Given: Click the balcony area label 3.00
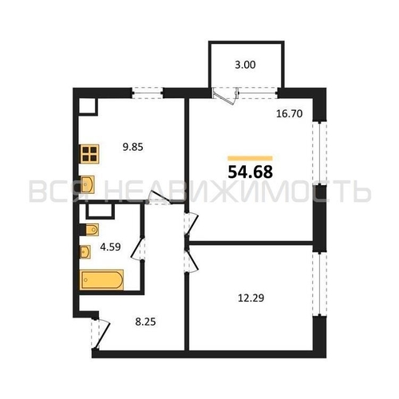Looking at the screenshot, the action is tap(245, 65).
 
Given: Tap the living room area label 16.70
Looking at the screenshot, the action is tap(290, 114).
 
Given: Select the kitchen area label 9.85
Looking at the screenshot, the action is tap(132, 147).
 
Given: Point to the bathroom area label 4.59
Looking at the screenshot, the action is tap(110, 247).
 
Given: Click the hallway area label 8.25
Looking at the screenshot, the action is tap(145, 322).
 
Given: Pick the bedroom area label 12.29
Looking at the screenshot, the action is tap(251, 298).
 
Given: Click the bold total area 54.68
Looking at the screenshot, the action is tap(251, 172).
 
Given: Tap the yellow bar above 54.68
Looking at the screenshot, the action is tap(250, 158).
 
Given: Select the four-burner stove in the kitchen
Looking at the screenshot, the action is tap(89, 154).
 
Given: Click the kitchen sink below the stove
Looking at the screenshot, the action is tap(87, 184).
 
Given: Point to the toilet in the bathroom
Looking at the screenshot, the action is tap(92, 230).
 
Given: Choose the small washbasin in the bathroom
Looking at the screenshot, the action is tap(85, 252).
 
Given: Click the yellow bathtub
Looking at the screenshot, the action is tap(101, 279).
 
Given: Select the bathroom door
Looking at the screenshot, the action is tap(138, 249).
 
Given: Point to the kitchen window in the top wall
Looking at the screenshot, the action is tap(148, 93).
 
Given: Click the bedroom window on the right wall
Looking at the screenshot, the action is tap(319, 284).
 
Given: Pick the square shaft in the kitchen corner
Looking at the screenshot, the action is tap(88, 107).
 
